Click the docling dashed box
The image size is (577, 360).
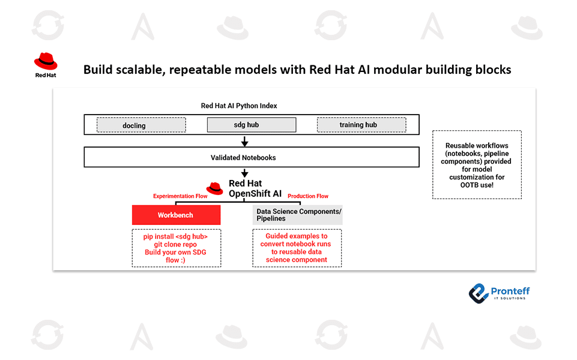[x=141, y=125]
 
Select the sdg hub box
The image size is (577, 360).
[x=252, y=125]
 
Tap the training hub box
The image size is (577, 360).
[x=361, y=125]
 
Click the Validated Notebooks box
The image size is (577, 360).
[x=251, y=157]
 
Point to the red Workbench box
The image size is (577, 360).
[x=176, y=215]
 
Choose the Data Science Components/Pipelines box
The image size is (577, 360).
[x=298, y=215]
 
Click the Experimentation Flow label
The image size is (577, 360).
[x=180, y=196]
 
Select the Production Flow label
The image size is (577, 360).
[x=308, y=196]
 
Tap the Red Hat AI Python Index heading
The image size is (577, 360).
[x=239, y=106]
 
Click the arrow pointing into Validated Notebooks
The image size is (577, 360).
[x=244, y=142]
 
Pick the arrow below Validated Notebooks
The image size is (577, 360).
[x=244, y=173]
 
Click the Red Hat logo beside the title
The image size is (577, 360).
[x=46, y=65]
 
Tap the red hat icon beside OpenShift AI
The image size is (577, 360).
[x=215, y=188]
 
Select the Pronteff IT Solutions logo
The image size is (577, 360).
[x=499, y=293]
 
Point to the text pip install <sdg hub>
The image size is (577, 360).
[x=176, y=236]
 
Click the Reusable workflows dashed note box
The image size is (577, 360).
[x=477, y=165]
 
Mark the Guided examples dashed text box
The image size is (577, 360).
[x=297, y=248]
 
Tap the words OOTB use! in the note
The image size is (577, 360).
[x=477, y=185]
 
